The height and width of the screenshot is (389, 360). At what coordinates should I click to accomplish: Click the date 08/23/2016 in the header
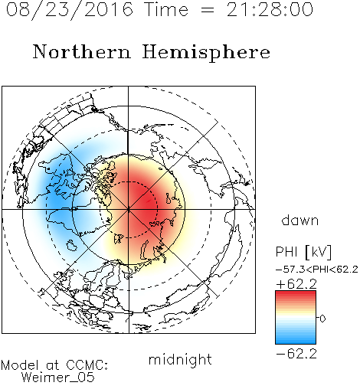(70, 10)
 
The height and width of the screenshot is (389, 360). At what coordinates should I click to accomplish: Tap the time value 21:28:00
(270, 9)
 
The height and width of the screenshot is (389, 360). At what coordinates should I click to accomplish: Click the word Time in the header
(166, 9)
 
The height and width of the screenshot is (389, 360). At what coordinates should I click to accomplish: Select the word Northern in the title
(82, 51)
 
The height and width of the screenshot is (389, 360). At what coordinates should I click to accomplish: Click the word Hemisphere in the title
(206, 52)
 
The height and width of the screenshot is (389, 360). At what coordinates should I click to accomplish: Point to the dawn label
(300, 220)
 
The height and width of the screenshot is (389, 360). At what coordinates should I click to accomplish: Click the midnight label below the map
(180, 360)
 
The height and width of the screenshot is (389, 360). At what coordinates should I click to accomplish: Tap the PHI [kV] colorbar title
(303, 252)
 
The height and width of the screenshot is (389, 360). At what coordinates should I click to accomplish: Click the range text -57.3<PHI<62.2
(317, 270)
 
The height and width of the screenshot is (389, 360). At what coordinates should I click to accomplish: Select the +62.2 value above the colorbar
(296, 284)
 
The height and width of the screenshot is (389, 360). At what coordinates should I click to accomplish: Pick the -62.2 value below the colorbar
(296, 354)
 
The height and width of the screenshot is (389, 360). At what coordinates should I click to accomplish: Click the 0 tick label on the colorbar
(322, 319)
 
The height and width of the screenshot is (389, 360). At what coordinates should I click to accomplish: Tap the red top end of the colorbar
(296, 293)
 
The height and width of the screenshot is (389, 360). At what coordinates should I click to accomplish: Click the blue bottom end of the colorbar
(296, 342)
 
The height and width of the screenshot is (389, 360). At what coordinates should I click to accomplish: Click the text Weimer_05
(58, 378)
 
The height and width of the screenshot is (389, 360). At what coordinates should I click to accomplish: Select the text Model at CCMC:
(54, 365)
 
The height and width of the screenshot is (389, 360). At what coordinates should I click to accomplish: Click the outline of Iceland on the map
(72, 244)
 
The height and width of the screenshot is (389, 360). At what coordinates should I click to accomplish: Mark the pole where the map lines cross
(129, 209)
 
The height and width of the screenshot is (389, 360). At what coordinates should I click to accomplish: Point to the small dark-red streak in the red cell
(149, 201)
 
